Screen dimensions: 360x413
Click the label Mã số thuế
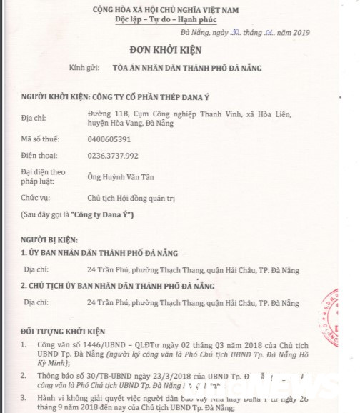(39, 139)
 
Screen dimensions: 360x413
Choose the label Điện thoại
(39, 155)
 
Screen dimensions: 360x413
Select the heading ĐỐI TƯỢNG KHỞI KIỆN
(63, 332)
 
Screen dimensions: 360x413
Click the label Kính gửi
(82, 68)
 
